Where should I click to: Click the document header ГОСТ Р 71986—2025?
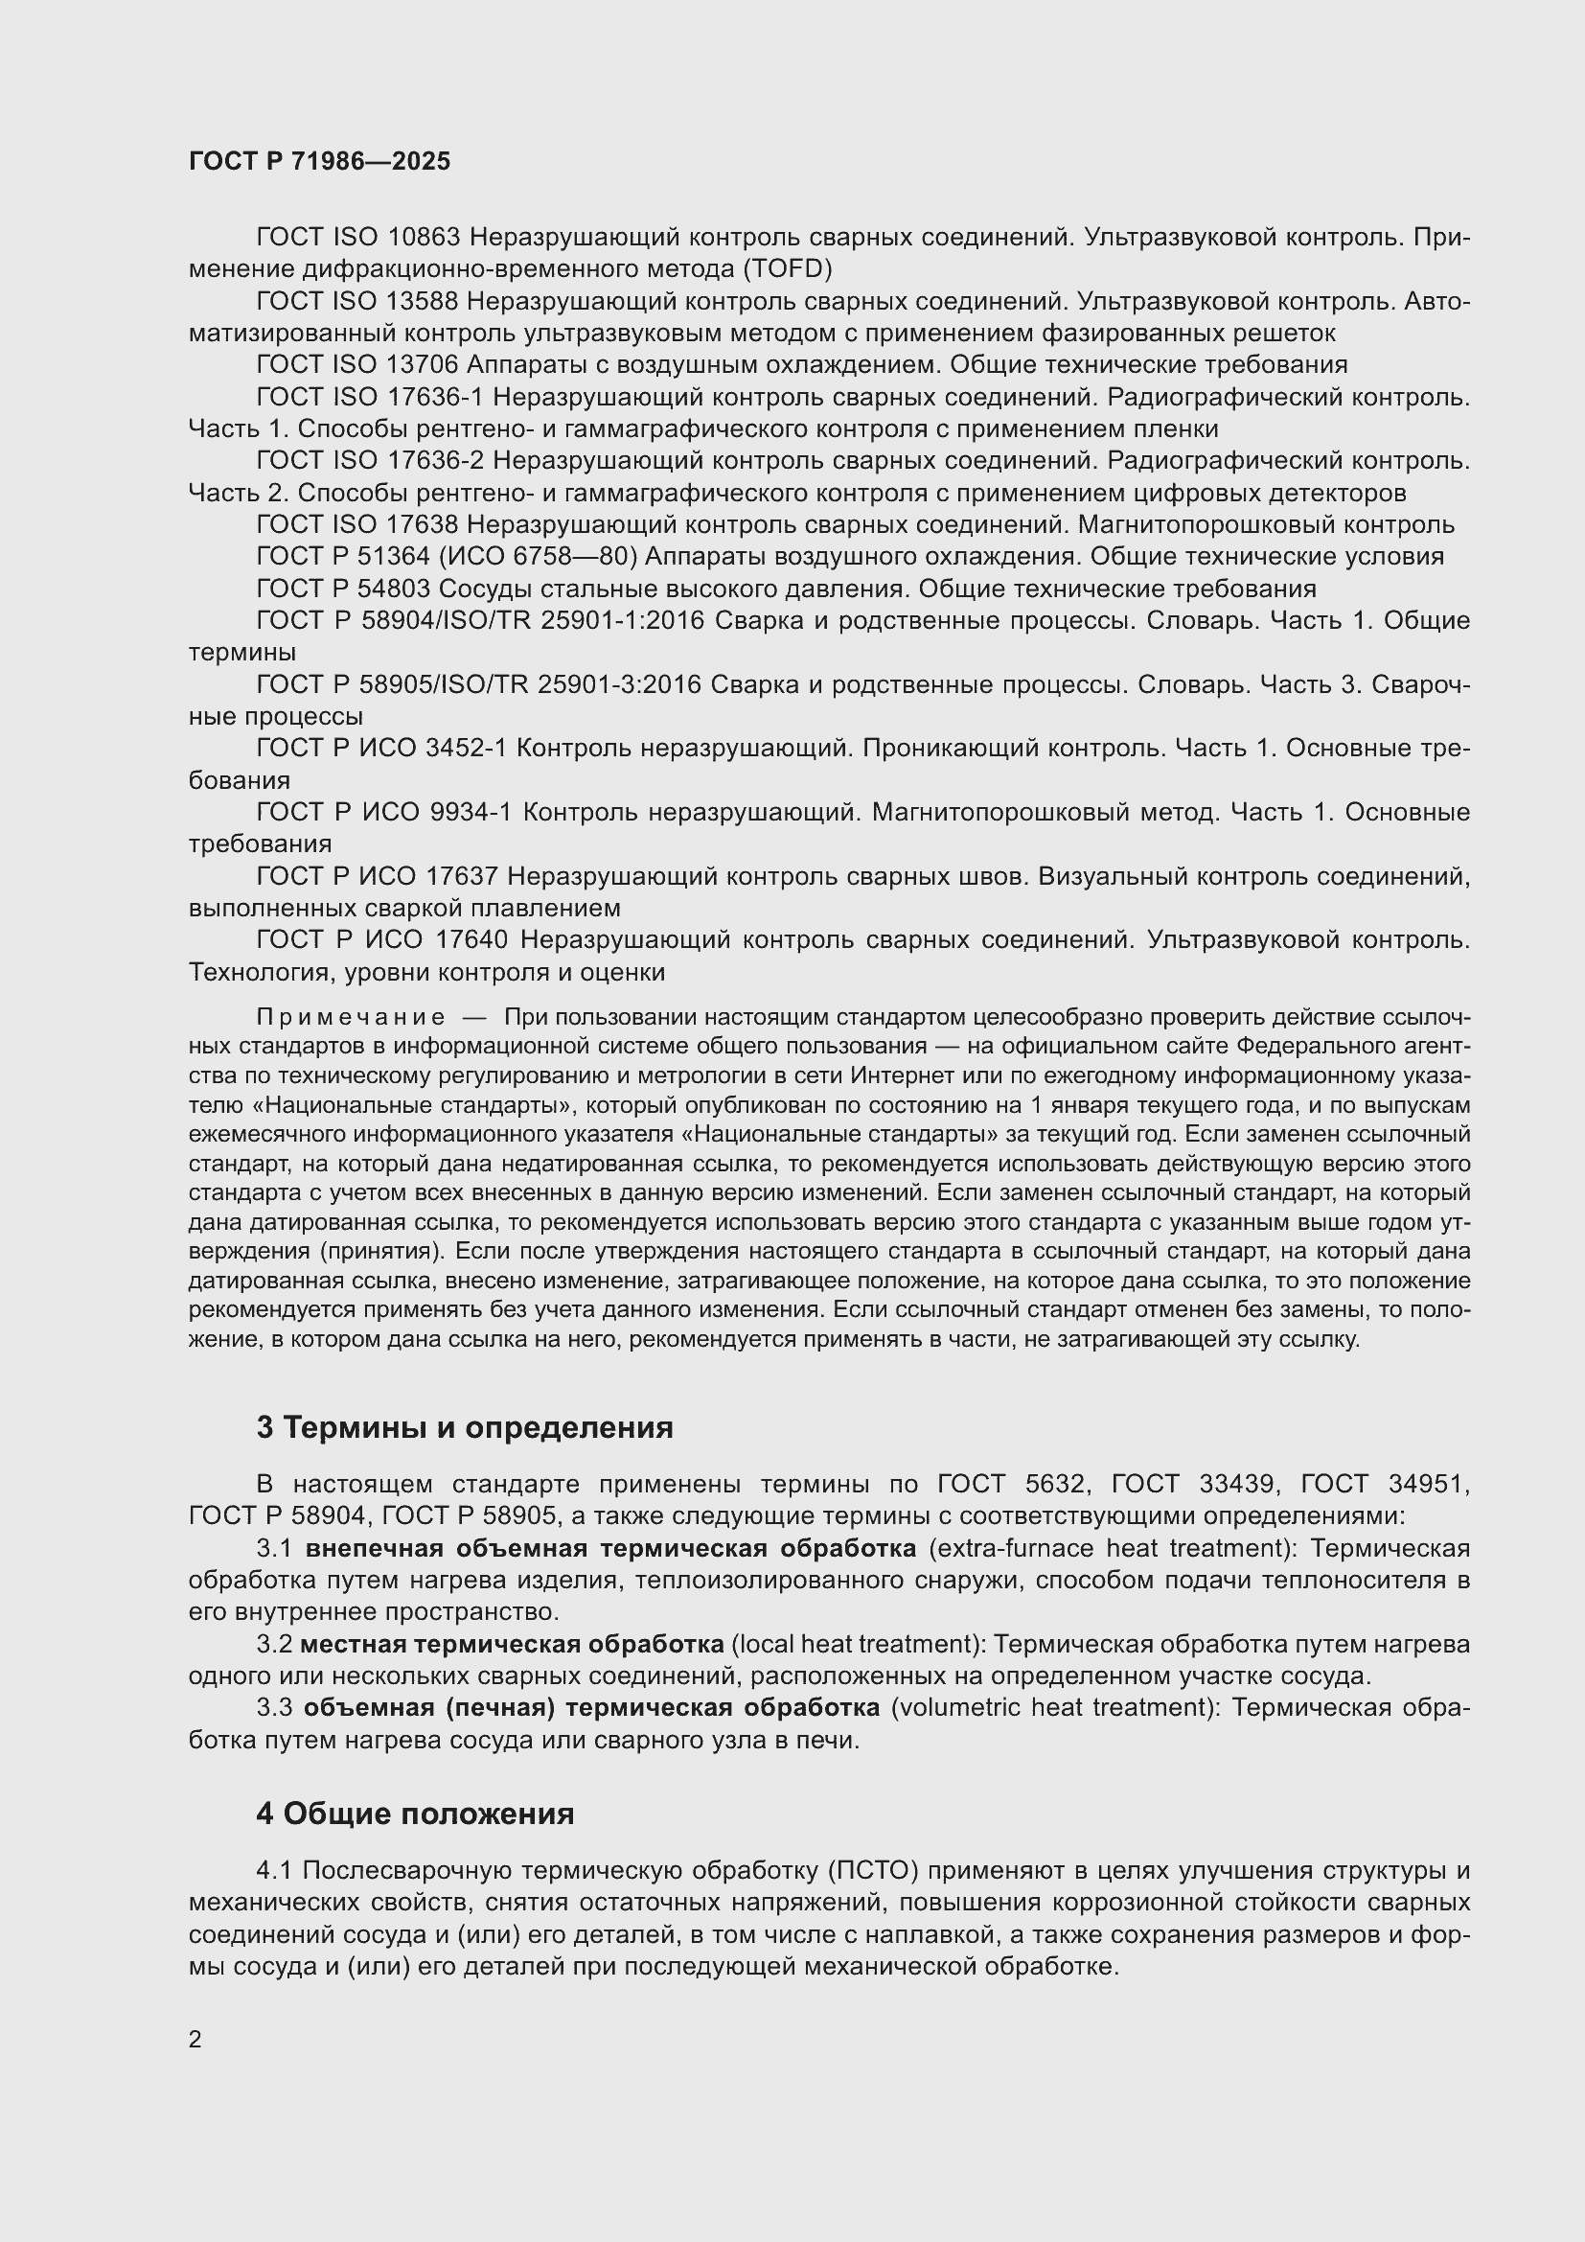pyautogui.click(x=319, y=162)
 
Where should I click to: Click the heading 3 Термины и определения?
pyautogui.click(x=465, y=1427)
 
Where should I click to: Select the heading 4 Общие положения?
pyautogui.click(x=415, y=1814)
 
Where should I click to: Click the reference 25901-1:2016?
pyautogui.click(x=618, y=621)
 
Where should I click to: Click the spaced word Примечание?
pyautogui.click(x=351, y=1019)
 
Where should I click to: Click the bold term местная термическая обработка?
pyautogui.click(x=512, y=1645)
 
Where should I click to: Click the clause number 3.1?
pyautogui.click(x=276, y=1549)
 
